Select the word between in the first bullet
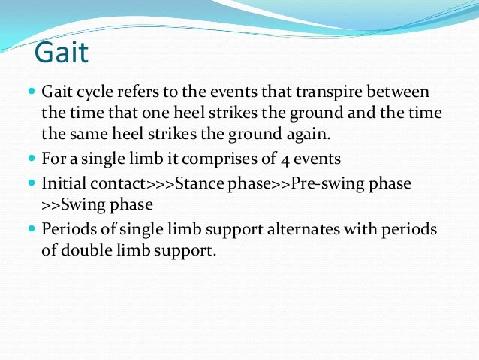tap(399, 92)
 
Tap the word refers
tap(140, 92)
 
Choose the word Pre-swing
tap(315, 183)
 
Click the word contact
tap(120, 183)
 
